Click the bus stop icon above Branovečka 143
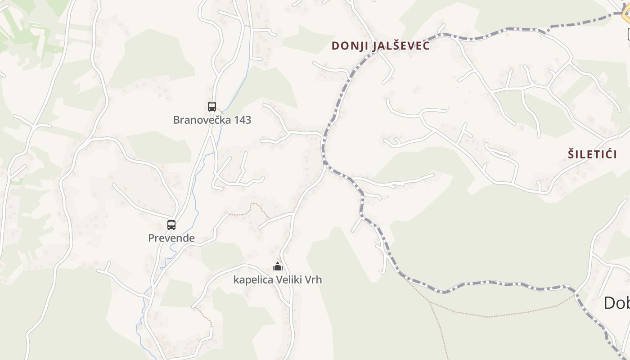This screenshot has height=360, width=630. [212, 107]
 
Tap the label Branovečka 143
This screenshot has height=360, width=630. [212, 120]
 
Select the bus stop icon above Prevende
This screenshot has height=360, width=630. [171, 225]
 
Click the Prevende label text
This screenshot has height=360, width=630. [171, 238]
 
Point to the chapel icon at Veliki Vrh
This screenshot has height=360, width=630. [278, 266]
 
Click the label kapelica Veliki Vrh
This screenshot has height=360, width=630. [278, 279]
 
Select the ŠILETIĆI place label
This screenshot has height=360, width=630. [592, 154]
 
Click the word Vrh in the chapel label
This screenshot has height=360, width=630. [313, 279]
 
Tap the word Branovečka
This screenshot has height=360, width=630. [199, 120]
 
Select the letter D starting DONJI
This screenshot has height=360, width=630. [335, 46]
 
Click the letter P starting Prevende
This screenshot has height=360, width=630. [151, 238]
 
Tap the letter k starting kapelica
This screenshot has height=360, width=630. [236, 279]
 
